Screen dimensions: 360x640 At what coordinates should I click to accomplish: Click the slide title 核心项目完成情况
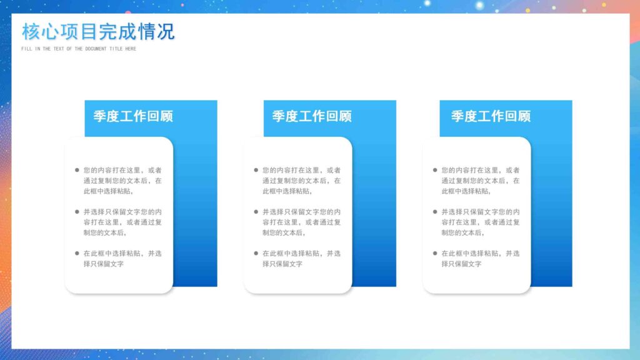(x=98, y=31)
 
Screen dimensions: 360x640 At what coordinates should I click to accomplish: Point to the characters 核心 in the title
(x=37, y=31)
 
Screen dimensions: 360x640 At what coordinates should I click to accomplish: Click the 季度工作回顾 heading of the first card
(x=133, y=116)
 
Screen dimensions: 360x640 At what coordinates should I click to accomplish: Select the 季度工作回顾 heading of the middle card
(x=312, y=116)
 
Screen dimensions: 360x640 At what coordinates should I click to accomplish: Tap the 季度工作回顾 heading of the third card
(x=491, y=116)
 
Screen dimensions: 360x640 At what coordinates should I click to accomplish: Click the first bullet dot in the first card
(x=77, y=169)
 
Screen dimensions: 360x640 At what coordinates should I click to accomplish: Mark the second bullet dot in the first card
(x=77, y=211)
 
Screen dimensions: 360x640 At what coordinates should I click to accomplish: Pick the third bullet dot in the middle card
(x=256, y=253)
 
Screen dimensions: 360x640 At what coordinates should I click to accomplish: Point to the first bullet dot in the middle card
(x=256, y=169)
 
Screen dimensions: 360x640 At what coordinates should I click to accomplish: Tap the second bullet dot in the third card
(x=435, y=211)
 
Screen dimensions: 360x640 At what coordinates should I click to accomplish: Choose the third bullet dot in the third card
(x=435, y=253)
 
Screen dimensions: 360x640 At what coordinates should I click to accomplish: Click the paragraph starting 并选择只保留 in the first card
(x=122, y=222)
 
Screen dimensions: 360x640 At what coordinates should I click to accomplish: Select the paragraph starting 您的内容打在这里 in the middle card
(x=301, y=180)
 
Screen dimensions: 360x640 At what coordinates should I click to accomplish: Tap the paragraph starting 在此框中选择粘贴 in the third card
(x=481, y=259)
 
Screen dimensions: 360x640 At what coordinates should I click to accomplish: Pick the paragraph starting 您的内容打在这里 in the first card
(x=122, y=180)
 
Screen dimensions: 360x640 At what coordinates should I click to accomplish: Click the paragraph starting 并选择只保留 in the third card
(x=481, y=222)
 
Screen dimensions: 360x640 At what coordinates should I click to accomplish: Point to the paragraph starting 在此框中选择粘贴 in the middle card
(x=301, y=259)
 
